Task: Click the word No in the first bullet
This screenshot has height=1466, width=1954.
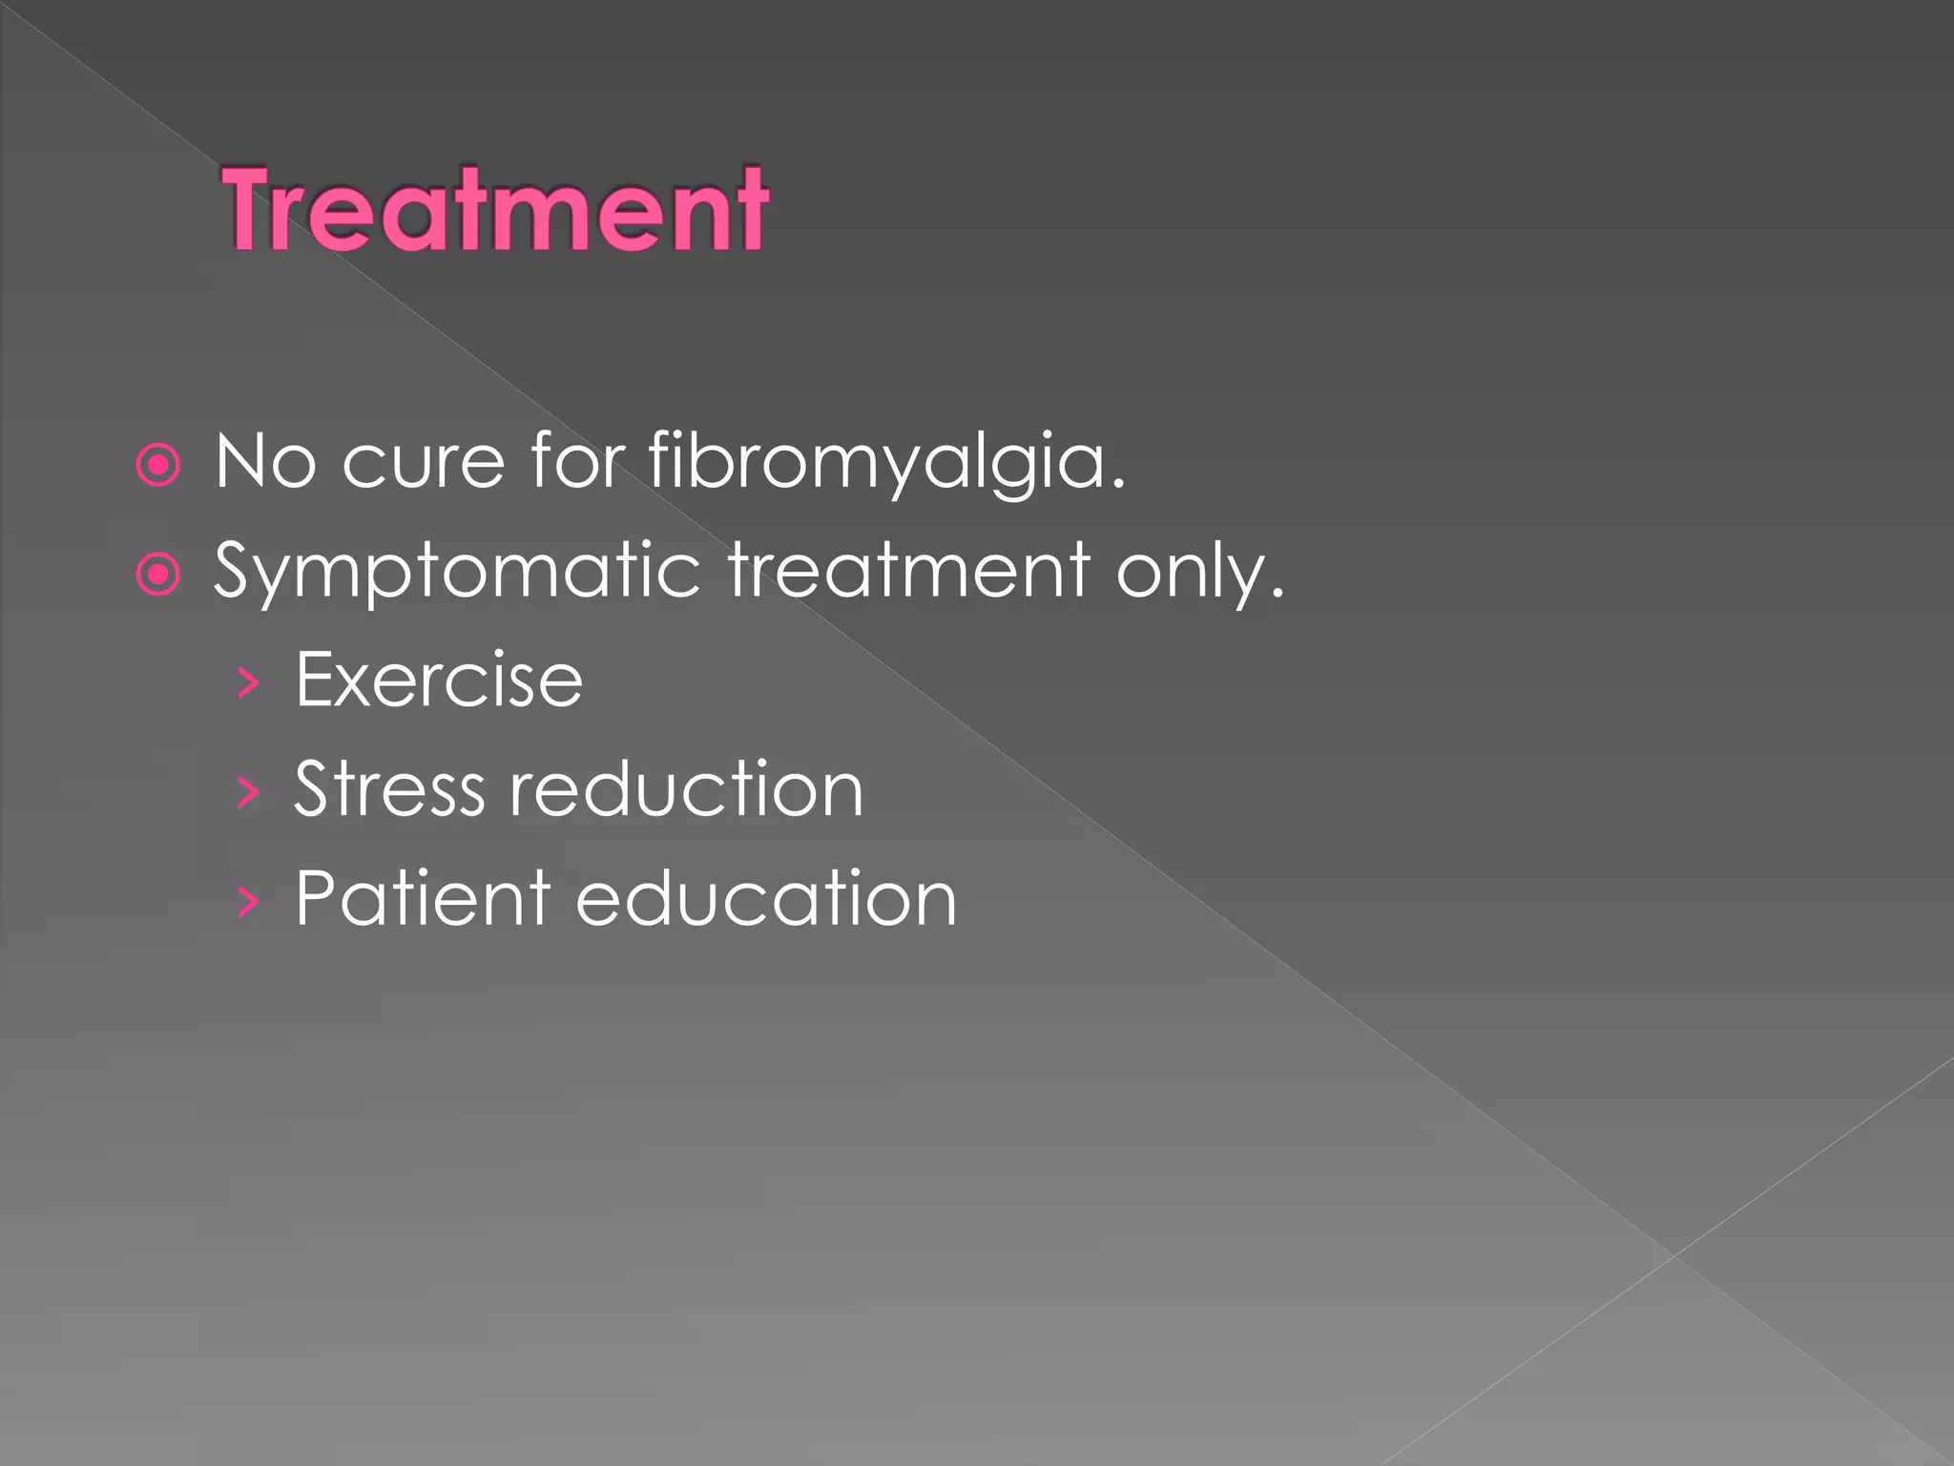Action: pyautogui.click(x=264, y=462)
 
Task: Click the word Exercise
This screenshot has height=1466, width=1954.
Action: pyautogui.click(x=439, y=680)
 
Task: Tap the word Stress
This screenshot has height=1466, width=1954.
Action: pyautogui.click(x=388, y=789)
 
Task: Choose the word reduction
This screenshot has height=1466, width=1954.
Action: pyautogui.click(x=686, y=789)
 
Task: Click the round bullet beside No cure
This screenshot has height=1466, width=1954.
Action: pyautogui.click(x=158, y=466)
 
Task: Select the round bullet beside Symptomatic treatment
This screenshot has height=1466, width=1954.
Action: pyautogui.click(x=158, y=575)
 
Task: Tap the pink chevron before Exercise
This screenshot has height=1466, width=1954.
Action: pyautogui.click(x=248, y=683)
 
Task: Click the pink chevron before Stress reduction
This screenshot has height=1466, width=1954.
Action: pyautogui.click(x=248, y=792)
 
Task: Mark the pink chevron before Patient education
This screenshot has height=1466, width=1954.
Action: pyautogui.click(x=248, y=901)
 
